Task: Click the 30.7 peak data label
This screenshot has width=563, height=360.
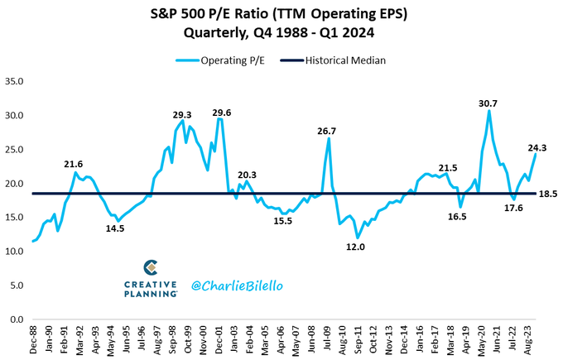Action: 489,103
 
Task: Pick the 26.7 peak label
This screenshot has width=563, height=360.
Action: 326,130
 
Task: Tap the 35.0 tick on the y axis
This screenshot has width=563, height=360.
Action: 16,81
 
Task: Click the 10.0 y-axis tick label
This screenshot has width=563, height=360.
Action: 16,251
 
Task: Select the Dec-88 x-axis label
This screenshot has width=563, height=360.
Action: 32,340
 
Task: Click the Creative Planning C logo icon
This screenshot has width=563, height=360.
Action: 150,268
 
